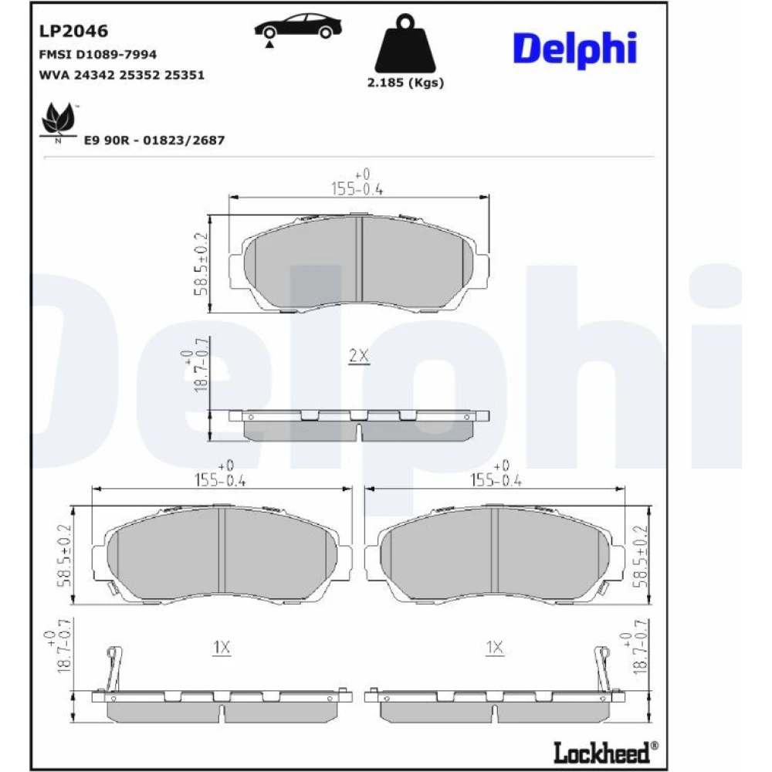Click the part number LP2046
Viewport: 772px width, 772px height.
(x=73, y=31)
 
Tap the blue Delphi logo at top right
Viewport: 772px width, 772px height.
(x=574, y=49)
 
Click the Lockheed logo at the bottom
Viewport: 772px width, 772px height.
(x=605, y=752)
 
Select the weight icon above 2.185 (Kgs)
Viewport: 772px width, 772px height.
(x=405, y=43)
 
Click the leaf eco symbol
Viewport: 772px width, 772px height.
(x=59, y=120)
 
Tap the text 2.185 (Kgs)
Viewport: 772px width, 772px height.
(x=405, y=83)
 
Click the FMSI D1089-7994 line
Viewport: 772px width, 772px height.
(x=97, y=54)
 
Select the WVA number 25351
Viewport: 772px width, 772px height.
(x=185, y=75)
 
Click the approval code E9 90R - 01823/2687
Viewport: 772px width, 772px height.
(x=154, y=141)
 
